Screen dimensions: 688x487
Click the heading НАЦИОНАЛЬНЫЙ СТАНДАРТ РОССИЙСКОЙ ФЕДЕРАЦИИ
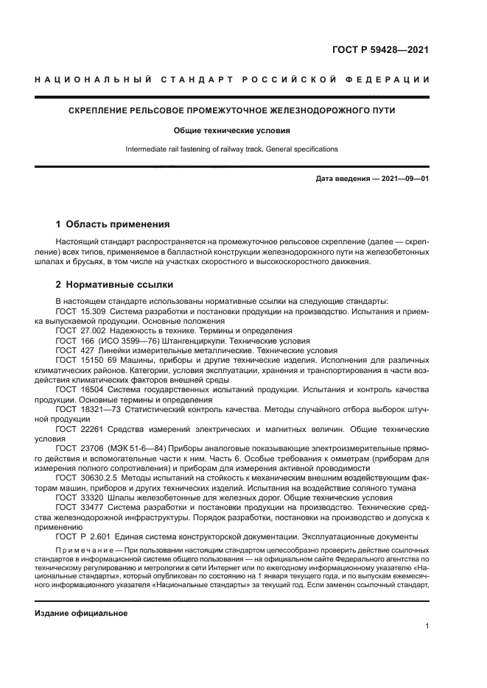(x=243, y=79)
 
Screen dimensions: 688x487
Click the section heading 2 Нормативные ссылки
(x=115, y=284)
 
